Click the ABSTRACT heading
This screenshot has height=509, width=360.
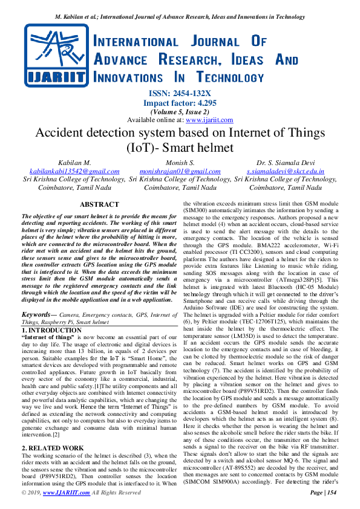coord(99,205)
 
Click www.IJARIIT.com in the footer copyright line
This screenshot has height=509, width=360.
coord(62,493)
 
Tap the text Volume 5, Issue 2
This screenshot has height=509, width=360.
coord(180,111)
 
